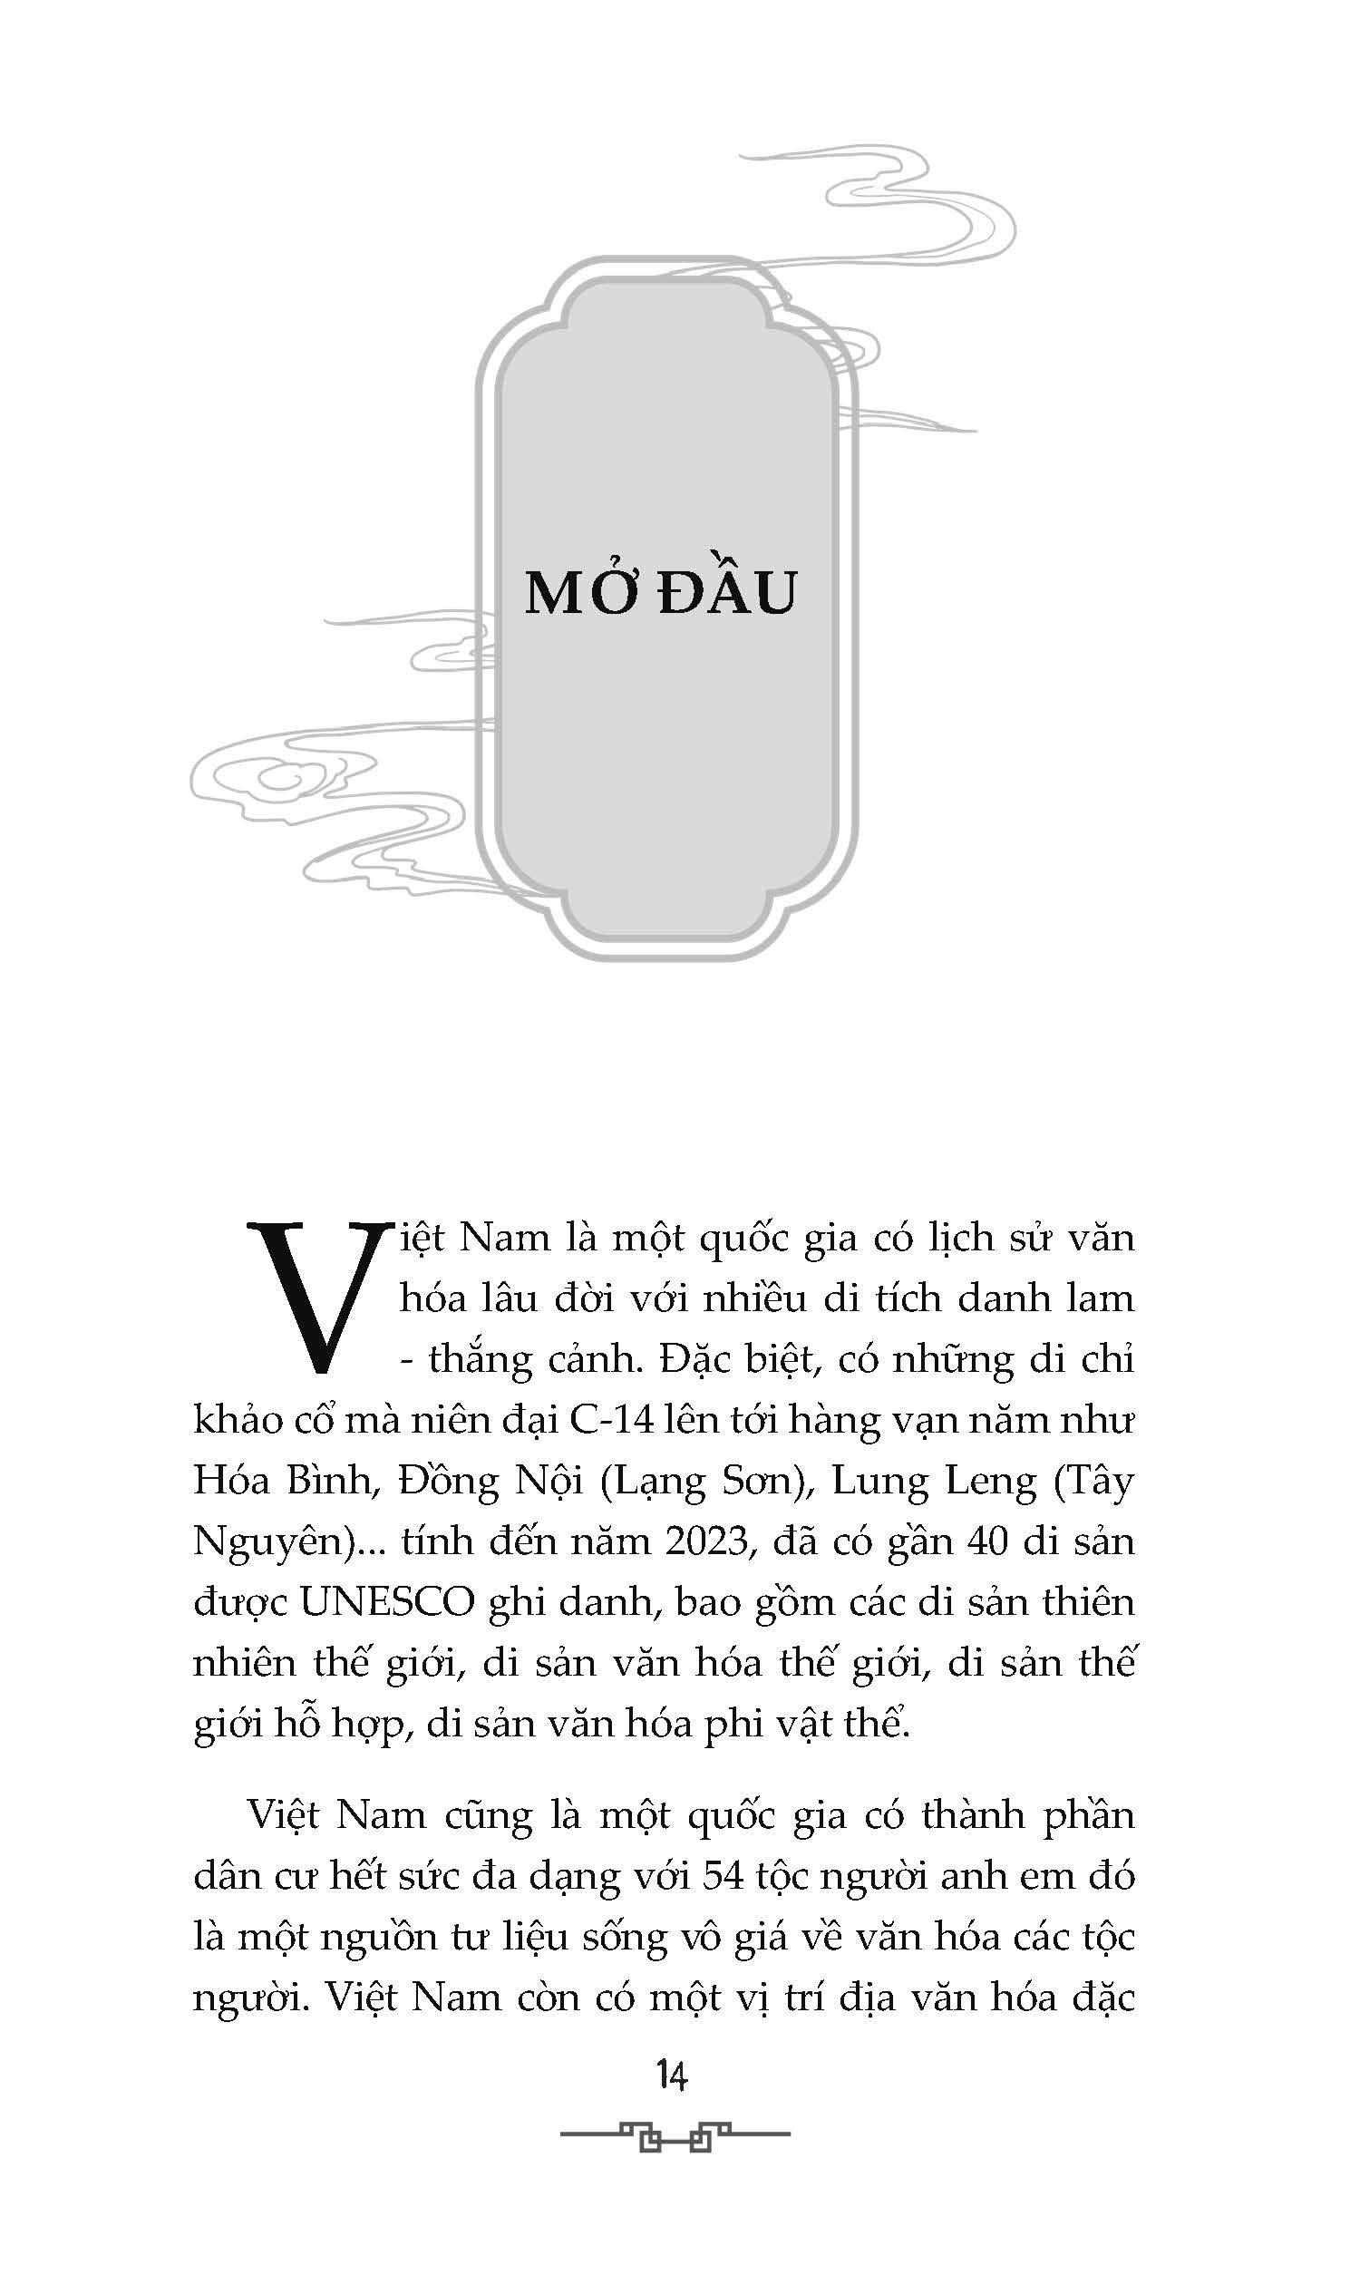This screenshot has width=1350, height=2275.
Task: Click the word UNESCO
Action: [x=387, y=1603]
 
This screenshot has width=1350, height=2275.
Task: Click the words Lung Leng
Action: [x=934, y=1481]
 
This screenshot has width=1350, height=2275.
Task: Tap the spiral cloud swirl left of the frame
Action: [x=273, y=779]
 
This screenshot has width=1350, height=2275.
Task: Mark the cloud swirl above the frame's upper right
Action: [x=918, y=209]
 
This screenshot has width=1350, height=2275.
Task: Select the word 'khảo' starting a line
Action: [x=236, y=1420]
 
